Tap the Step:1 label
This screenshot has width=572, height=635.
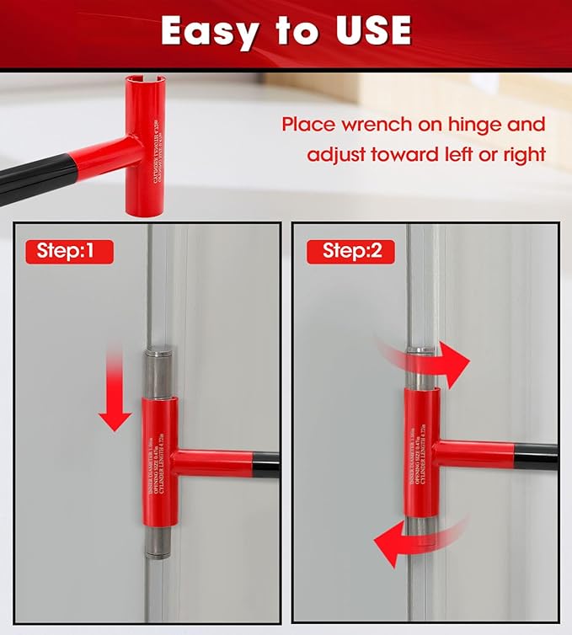(x=70, y=250)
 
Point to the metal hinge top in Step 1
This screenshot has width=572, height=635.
(x=157, y=371)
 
